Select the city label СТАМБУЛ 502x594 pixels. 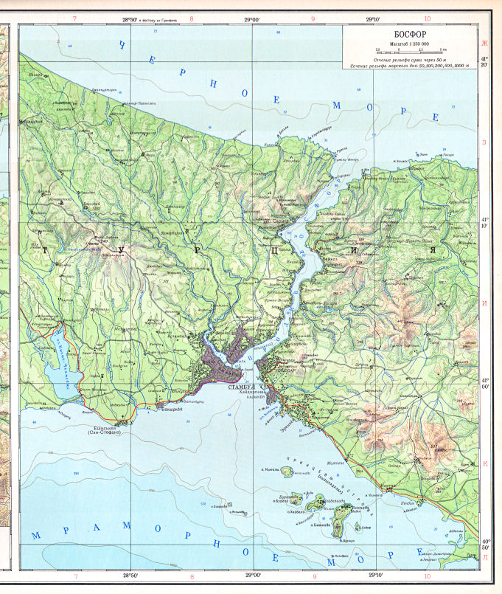point(241,386)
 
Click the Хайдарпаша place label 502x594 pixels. point(254,393)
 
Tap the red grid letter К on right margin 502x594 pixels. point(485,463)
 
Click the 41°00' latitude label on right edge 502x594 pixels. point(485,382)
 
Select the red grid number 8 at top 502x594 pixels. point(192,20)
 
